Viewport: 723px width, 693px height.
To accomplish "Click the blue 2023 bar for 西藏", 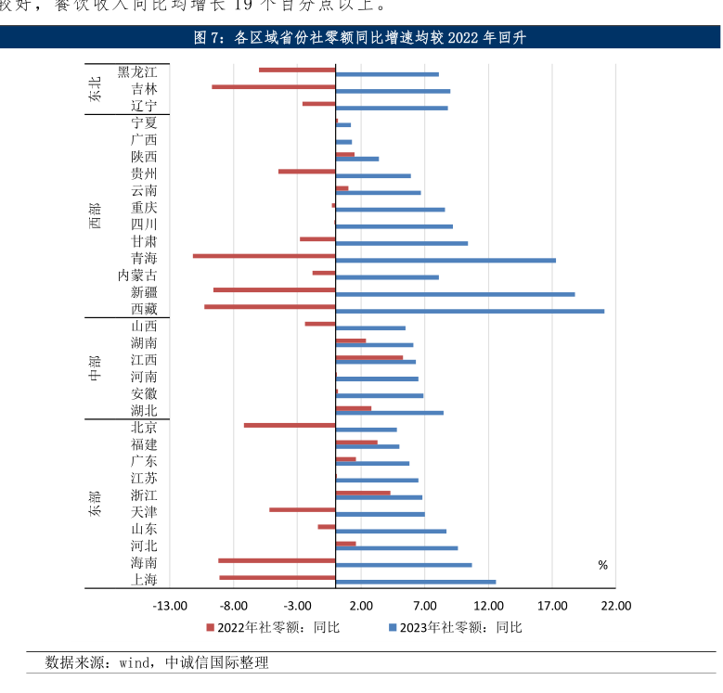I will [x=470, y=311].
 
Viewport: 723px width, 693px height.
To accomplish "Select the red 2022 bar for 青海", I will [x=264, y=255].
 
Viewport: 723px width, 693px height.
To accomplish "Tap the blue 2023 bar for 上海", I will [x=416, y=582].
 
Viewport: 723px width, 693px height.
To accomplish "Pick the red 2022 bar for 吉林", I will [x=273, y=86].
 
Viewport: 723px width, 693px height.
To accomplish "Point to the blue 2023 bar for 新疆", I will [x=455, y=294].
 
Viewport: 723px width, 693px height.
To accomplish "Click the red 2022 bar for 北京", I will [x=290, y=425].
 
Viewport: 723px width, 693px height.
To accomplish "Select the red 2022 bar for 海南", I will [x=277, y=560].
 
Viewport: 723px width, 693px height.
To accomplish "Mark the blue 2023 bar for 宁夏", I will [x=343, y=124].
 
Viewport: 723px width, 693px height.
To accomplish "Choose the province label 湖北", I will [x=144, y=411].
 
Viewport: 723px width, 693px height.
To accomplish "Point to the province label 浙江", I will [x=144, y=495].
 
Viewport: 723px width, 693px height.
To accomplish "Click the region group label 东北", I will [x=96, y=89].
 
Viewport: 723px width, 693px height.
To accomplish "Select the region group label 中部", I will [x=96, y=368].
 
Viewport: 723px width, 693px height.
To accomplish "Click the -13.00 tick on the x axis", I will [x=169, y=606].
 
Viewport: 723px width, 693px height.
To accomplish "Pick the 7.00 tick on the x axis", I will [x=425, y=606].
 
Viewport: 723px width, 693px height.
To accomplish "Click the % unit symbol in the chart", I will [x=602, y=565].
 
